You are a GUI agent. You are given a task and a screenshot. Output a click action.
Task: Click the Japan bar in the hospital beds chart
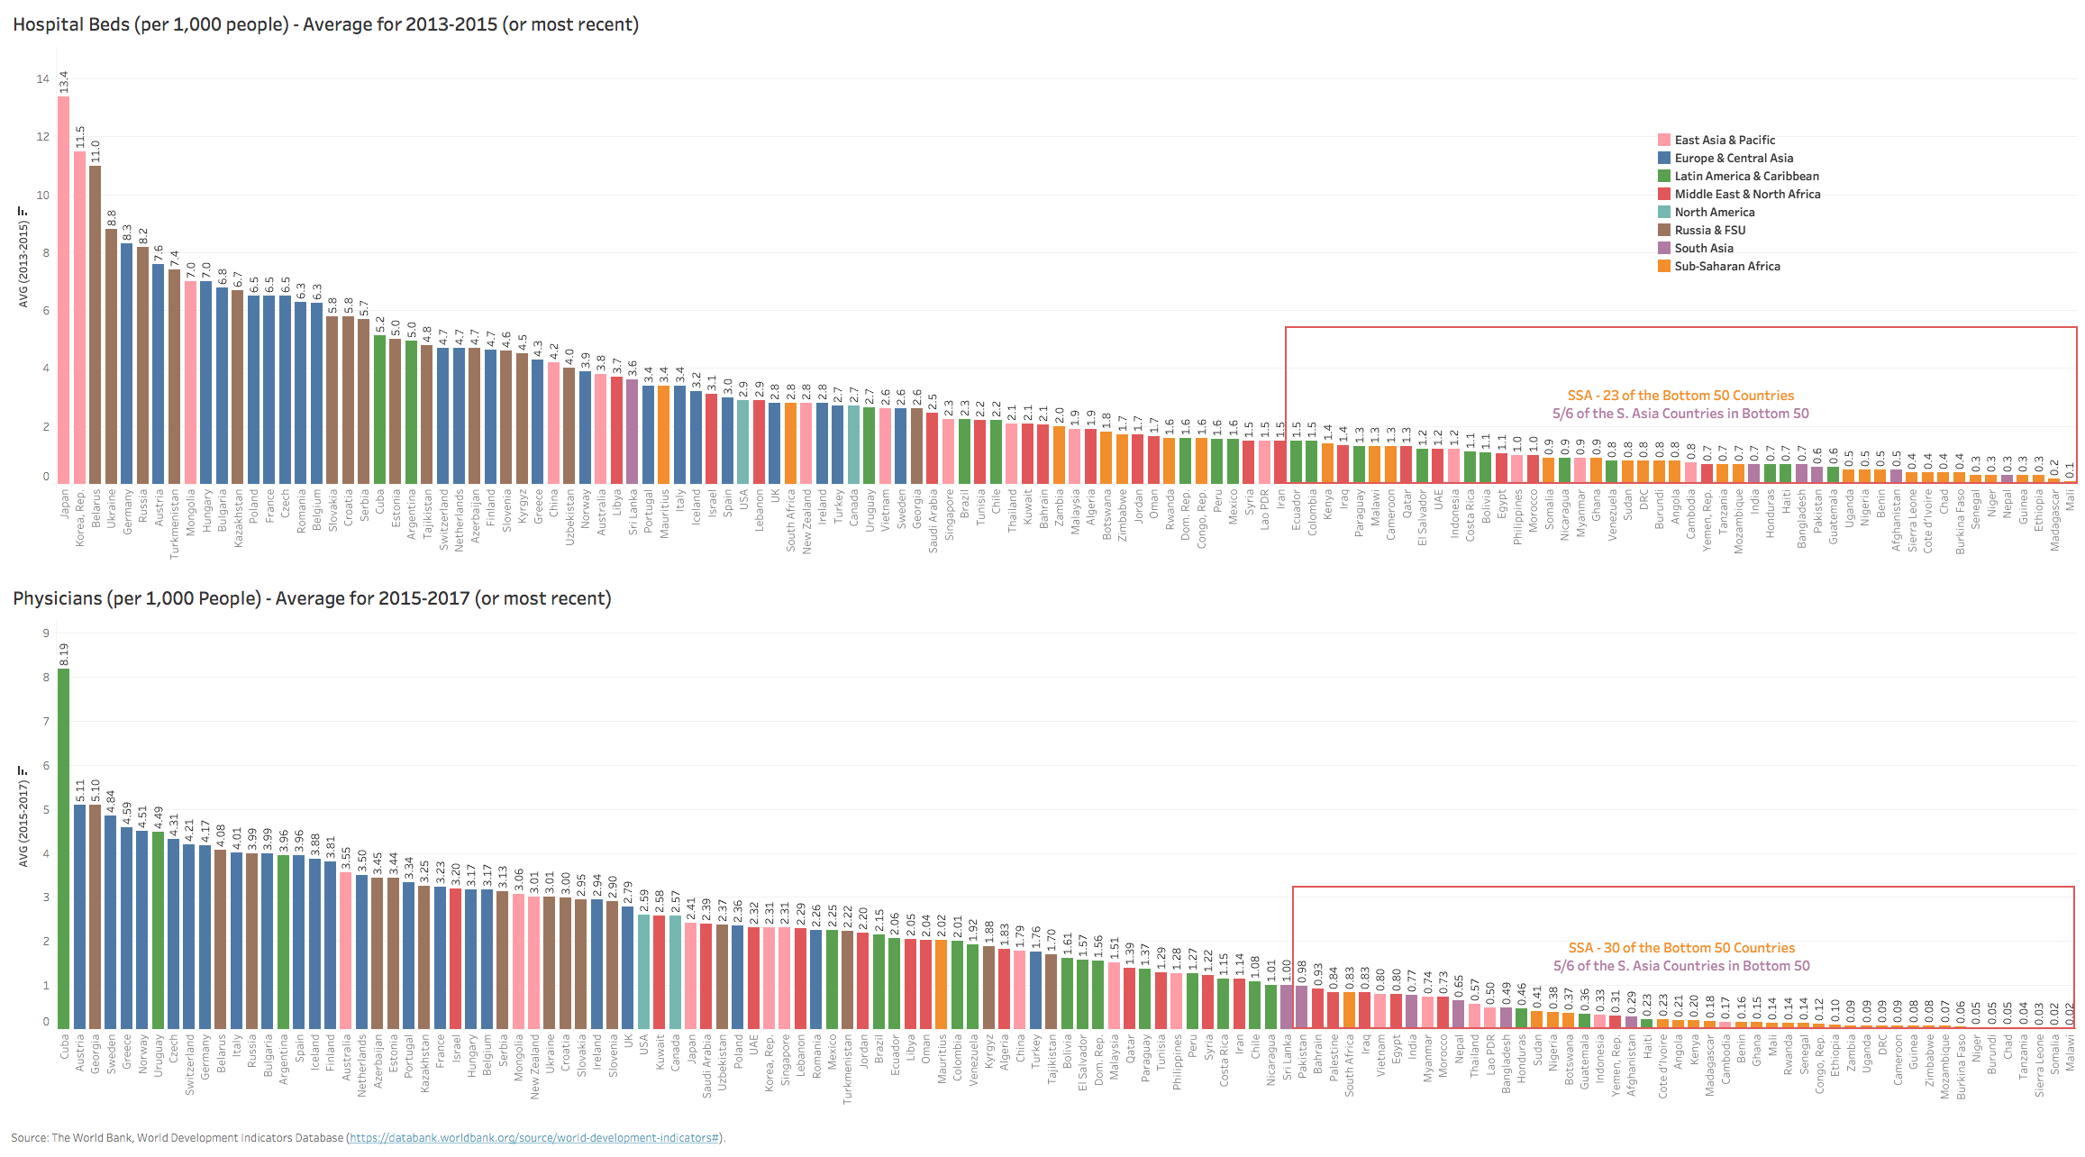point(64,288)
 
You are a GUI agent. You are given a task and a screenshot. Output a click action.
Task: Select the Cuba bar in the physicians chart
point(64,847)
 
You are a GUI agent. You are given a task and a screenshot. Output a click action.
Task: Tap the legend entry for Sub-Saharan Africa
point(1726,267)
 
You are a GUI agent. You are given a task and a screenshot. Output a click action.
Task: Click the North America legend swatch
point(1664,213)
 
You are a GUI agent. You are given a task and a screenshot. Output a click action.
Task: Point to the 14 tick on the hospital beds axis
point(43,79)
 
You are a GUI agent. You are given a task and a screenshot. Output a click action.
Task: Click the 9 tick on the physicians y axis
point(46,633)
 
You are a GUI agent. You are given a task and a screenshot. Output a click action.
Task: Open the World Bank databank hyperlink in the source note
point(534,1138)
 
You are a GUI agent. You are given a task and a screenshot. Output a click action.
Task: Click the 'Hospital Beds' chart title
point(325,24)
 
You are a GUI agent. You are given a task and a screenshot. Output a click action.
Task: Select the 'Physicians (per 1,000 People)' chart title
point(312,598)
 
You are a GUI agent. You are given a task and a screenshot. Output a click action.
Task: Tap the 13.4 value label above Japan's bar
point(64,81)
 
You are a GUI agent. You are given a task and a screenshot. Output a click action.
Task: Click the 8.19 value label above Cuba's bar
point(64,655)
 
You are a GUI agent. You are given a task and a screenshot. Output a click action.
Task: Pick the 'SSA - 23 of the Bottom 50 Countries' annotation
point(1680,396)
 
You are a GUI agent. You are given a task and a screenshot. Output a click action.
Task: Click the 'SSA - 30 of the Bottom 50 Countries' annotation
point(1681,948)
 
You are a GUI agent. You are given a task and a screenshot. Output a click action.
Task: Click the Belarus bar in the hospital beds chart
point(96,324)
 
